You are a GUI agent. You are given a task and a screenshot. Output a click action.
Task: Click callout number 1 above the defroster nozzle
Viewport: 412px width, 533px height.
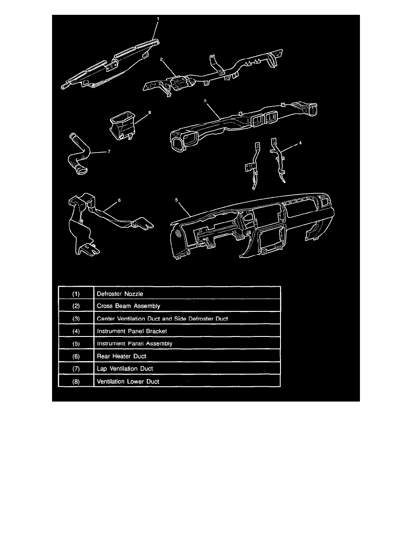click(158, 19)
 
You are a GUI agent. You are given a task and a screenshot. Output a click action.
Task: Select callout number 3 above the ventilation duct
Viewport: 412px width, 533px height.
click(205, 101)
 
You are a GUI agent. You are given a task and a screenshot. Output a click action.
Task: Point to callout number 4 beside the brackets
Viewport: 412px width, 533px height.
click(300, 143)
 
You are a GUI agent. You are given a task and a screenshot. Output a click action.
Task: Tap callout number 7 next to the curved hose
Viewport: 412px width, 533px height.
click(108, 152)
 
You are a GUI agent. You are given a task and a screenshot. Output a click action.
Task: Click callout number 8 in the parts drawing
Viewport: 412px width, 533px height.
click(149, 113)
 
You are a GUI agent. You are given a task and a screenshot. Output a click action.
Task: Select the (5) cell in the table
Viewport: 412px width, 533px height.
click(76, 343)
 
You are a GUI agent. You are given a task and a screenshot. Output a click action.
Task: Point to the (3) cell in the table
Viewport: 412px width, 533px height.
click(76, 318)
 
